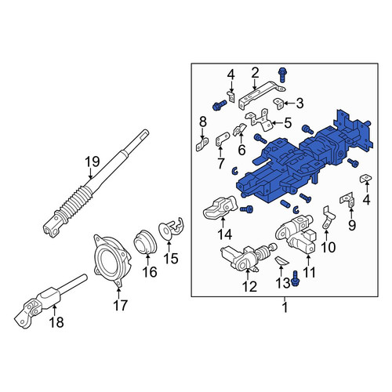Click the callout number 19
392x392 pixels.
point(93,162)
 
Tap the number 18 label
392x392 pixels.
point(56,322)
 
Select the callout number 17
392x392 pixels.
point(120,305)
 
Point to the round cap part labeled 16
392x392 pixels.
point(145,242)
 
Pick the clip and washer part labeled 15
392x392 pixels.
point(171,227)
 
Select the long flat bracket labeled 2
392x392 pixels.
point(261,95)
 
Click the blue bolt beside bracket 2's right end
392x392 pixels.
point(282,75)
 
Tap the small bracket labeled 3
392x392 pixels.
point(278,103)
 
